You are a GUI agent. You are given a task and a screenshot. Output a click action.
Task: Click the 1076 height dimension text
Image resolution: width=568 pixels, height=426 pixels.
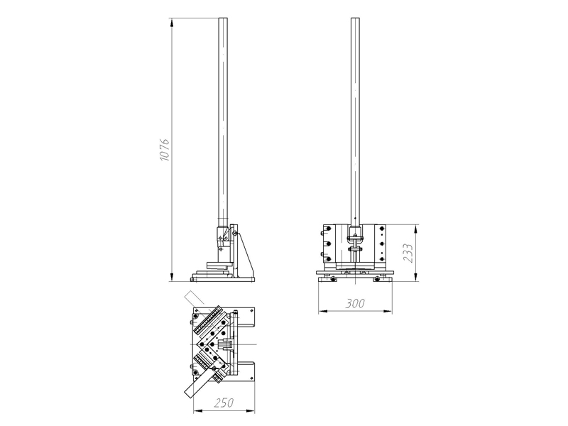[x=165, y=149]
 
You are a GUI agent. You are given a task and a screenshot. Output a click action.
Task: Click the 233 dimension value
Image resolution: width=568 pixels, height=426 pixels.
[x=408, y=253]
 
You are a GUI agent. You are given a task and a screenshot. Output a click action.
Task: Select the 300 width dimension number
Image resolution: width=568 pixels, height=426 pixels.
[x=354, y=303]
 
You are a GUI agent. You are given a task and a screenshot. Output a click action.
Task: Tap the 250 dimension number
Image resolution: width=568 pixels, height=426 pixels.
[x=224, y=403]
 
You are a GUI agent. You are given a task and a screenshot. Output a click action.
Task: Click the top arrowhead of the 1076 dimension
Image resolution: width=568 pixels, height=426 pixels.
[x=171, y=23]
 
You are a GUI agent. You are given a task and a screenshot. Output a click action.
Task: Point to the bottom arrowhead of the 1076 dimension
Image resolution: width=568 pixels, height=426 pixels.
[x=171, y=276]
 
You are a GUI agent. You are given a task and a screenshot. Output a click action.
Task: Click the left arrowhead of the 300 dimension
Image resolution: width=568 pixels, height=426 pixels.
[x=323, y=311]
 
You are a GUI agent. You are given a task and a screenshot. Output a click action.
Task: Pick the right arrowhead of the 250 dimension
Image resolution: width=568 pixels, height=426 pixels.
[x=251, y=411]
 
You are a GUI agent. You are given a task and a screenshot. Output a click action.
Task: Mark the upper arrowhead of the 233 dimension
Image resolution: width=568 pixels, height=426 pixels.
[x=415, y=229]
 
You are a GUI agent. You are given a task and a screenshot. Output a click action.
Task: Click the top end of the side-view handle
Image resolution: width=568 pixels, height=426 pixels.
[x=223, y=18]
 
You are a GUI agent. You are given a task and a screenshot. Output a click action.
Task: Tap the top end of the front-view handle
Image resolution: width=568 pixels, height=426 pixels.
[x=355, y=18]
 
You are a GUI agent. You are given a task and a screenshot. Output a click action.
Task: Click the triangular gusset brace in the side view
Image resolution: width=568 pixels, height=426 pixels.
[x=244, y=254]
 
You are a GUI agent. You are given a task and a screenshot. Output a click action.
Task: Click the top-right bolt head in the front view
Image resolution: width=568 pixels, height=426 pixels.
[x=381, y=229]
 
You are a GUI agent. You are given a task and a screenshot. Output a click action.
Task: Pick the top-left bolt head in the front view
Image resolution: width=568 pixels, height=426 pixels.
[x=328, y=229]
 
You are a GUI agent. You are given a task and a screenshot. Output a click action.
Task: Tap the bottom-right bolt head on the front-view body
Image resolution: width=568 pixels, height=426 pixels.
[x=381, y=258]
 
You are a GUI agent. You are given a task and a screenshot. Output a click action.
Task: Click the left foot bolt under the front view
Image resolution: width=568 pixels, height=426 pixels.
[x=332, y=278]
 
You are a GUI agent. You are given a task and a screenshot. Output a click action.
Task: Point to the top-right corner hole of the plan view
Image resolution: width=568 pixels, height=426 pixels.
[x=251, y=310]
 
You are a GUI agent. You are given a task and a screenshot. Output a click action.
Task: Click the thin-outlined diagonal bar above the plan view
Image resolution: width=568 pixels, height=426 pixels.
[x=195, y=297]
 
